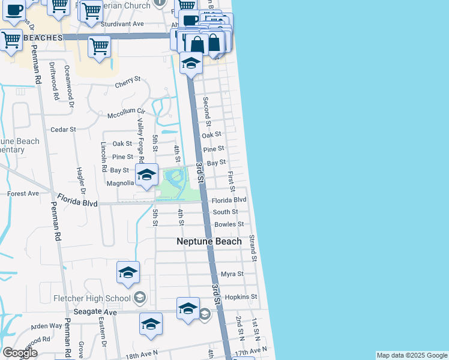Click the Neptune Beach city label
pyautogui.click(x=209, y=241)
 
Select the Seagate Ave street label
pyautogui.click(x=95, y=312)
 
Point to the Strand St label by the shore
pyautogui.click(x=254, y=248)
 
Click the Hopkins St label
pyautogui.click(x=241, y=297)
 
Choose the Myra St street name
pyautogui.click(x=232, y=274)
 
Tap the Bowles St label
pyautogui.click(x=229, y=224)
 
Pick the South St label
pyautogui.click(x=226, y=212)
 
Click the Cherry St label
pyautogui.click(x=127, y=79)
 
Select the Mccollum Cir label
pyautogui.click(x=126, y=112)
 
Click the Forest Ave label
pyautogui.click(x=23, y=194)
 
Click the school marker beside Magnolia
pyautogui.click(x=146, y=175)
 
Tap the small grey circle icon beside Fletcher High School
pyautogui.click(x=140, y=298)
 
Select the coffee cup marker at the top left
pyautogui.click(x=12, y=11)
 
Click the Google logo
pyautogui.click(x=20, y=353)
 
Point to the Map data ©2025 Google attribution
pyautogui.click(x=411, y=356)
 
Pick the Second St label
pyautogui.click(x=207, y=111)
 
